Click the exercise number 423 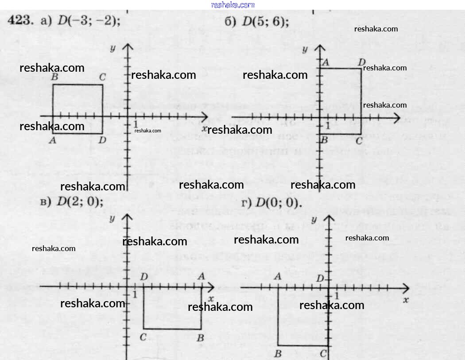pyautogui.click(x=20, y=21)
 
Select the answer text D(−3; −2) pyautogui.click(x=89, y=21)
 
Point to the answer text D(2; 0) pyautogui.click(x=80, y=201)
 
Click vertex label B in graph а pyautogui.click(x=54, y=77)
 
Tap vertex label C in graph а pyautogui.click(x=102, y=77)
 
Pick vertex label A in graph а pyautogui.click(x=53, y=140)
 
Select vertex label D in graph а pyautogui.click(x=102, y=140)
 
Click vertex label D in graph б pyautogui.click(x=361, y=62)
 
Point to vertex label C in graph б pyautogui.click(x=359, y=141)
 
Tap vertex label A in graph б pyautogui.click(x=325, y=62)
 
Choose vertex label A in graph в pyautogui.click(x=201, y=276)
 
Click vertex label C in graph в pyautogui.click(x=143, y=338)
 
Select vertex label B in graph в pyautogui.click(x=200, y=338)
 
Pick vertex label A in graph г pyautogui.click(x=278, y=277)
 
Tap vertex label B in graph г pyautogui.click(x=278, y=353)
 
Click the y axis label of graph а pyautogui.click(x=113, y=48)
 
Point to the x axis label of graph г pyautogui.click(x=405, y=300)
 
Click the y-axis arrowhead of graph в pyautogui.click(x=128, y=217)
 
